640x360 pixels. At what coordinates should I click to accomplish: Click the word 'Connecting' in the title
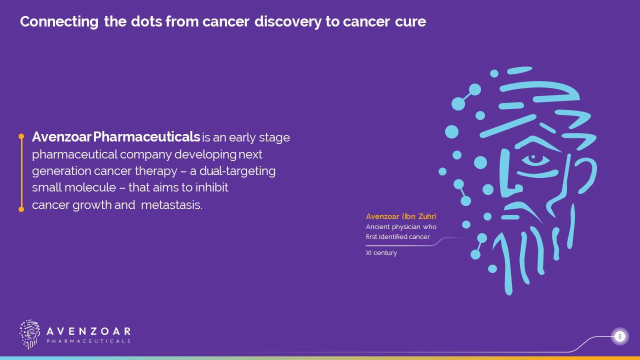(59, 22)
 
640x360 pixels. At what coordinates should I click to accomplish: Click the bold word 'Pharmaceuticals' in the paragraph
(146, 137)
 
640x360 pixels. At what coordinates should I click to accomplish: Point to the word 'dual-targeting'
(237, 171)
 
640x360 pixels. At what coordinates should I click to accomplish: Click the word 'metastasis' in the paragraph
(171, 205)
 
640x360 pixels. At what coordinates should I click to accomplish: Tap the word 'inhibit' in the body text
(211, 187)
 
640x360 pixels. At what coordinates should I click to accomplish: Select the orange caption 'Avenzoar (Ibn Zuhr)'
(401, 216)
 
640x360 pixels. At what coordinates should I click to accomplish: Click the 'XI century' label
(381, 253)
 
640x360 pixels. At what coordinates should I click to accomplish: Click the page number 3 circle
(619, 336)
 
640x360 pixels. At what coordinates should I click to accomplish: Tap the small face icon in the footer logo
(29, 334)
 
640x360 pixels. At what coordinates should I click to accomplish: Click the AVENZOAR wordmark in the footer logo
(88, 331)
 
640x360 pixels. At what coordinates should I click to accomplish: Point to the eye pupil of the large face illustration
(533, 157)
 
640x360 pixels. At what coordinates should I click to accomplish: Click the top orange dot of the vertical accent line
(21, 136)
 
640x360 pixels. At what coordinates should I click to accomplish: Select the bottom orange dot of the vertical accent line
(21, 209)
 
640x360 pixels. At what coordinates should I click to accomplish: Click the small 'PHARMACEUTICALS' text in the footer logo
(88, 341)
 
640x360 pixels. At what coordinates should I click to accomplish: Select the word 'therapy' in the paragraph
(156, 171)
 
